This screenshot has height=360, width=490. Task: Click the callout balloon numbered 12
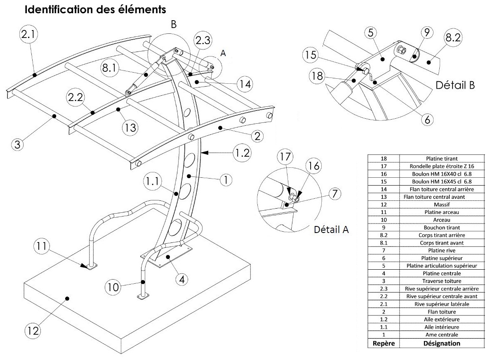coord(33,330)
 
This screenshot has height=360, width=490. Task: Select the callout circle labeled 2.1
coord(28,35)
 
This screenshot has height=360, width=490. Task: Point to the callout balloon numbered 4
coord(181,279)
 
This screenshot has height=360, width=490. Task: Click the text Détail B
coord(455,86)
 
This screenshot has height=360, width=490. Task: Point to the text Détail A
coord(332,229)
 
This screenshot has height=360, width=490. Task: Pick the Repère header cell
coord(384,343)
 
